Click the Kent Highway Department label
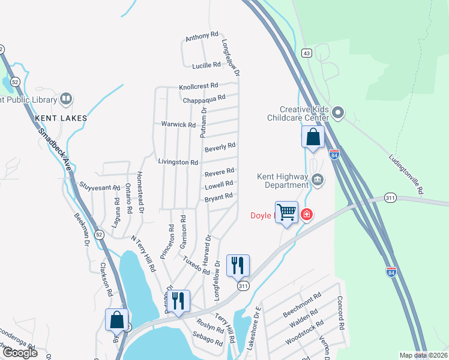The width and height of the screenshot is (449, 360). pos(281,181)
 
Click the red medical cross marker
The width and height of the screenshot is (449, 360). pos(307,214)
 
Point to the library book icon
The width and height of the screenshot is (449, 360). pos(66,99)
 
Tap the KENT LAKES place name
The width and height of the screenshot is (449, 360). pos(61,118)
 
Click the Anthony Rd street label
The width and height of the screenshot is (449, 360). pos(202,37)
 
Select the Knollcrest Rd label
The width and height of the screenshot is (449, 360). pos(199,87)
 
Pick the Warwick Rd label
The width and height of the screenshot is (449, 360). pos(178,125)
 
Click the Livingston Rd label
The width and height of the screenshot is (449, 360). pos(178,163)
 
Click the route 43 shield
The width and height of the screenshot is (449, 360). pos(306,53)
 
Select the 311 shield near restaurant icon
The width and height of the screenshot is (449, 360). pos(243,287)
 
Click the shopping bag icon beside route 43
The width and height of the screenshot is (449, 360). pos(313,137)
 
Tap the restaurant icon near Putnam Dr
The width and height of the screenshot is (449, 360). pos(179,300)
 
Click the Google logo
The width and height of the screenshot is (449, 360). pos(20,352)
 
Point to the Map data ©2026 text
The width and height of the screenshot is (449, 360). pos(423,355)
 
